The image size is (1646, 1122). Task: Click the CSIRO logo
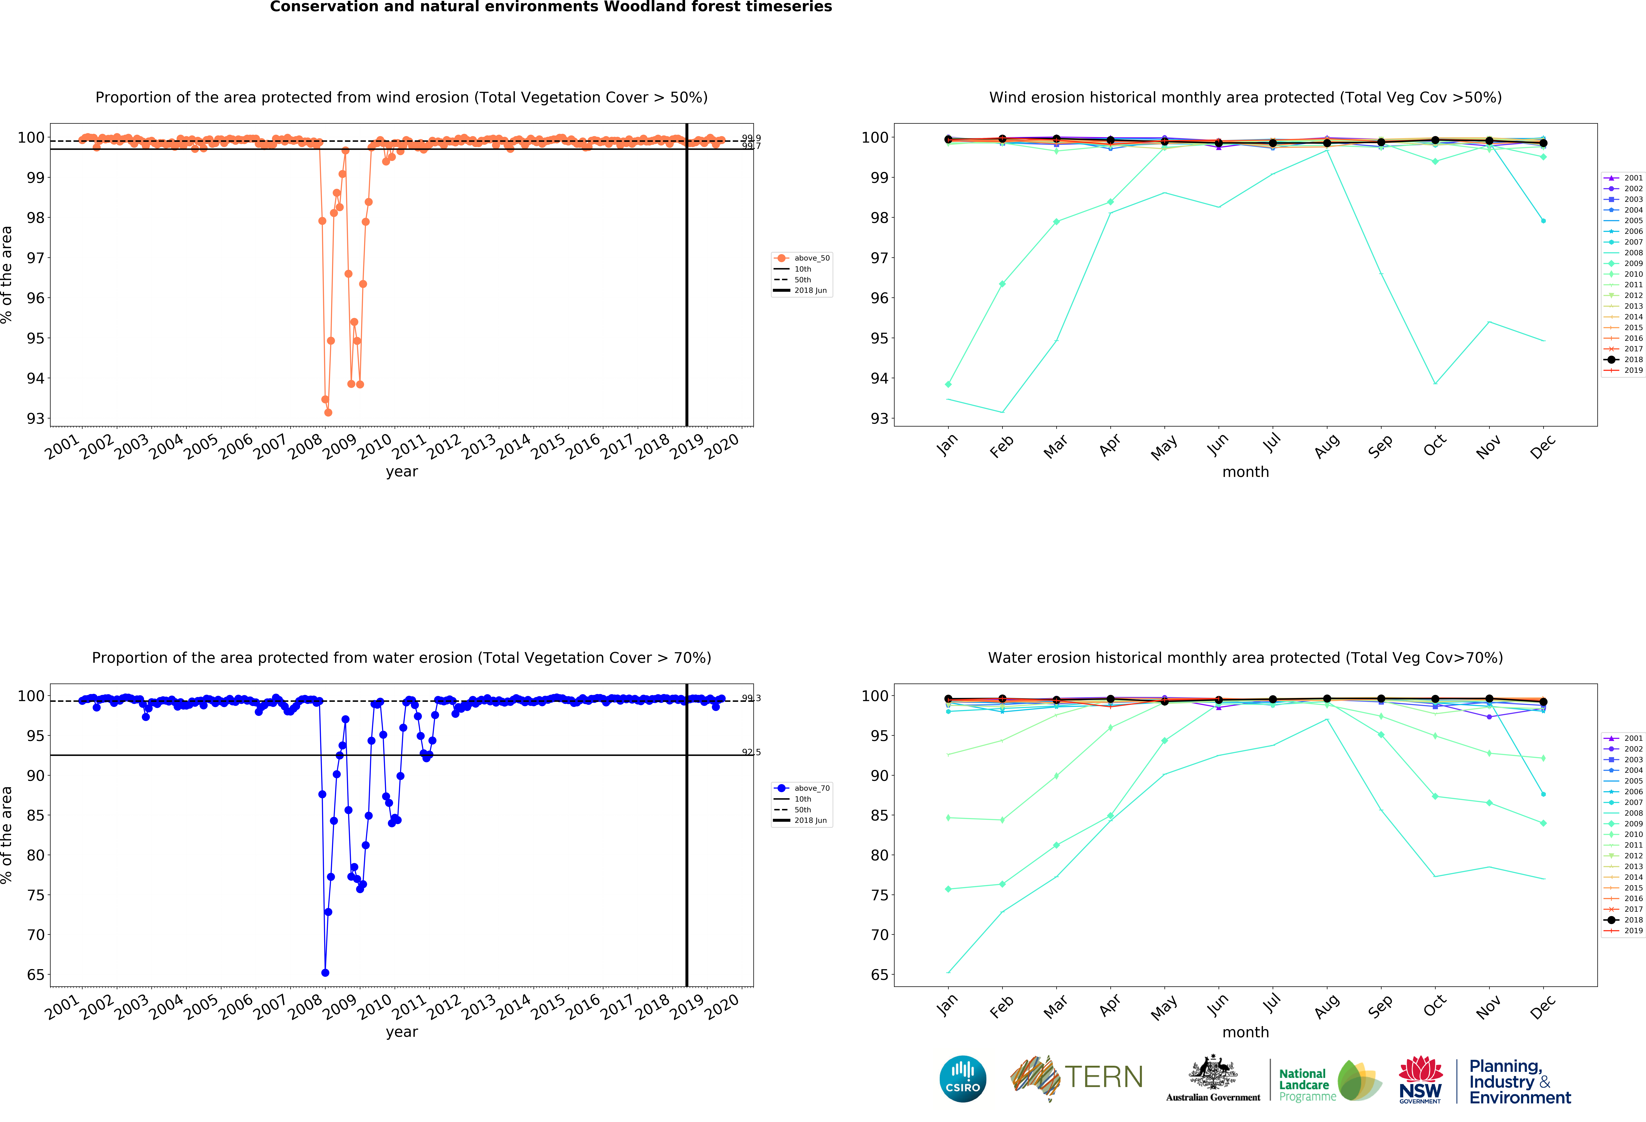pos(963,1079)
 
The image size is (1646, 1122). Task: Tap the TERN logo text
pos(1104,1077)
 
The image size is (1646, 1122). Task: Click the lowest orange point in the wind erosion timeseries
pos(328,412)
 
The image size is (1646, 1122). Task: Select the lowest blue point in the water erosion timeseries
pos(325,973)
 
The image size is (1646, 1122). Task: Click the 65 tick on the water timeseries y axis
pos(35,975)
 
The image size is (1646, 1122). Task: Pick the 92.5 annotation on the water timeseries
pos(751,752)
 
